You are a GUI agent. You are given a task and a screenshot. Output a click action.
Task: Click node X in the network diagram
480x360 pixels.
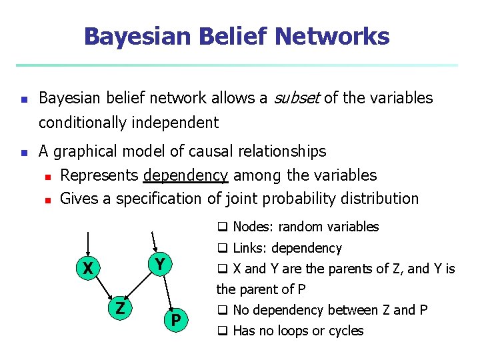pyautogui.click(x=87, y=269)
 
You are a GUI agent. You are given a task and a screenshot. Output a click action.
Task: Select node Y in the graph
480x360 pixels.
pyautogui.click(x=159, y=264)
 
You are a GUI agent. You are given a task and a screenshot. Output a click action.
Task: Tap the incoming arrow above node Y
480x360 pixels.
pyautogui.click(x=155, y=241)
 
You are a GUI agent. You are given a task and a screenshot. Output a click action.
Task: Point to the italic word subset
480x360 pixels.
pyautogui.click(x=295, y=98)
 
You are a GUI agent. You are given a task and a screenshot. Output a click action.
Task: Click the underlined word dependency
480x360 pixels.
pyautogui.click(x=186, y=175)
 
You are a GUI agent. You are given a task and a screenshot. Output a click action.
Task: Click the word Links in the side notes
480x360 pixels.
pyautogui.click(x=248, y=248)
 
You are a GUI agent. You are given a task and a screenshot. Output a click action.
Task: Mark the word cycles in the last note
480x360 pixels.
pyautogui.click(x=345, y=331)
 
